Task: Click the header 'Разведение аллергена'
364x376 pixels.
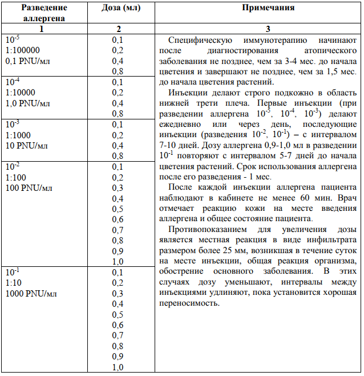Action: click(x=41, y=13)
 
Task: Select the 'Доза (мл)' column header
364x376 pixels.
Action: click(x=118, y=8)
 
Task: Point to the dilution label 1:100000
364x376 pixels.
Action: click(x=23, y=50)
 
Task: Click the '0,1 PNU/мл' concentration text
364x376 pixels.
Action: click(x=27, y=61)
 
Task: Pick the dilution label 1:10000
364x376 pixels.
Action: click(x=21, y=93)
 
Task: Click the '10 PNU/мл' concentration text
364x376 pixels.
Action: click(x=26, y=146)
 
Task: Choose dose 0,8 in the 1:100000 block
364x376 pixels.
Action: click(x=118, y=71)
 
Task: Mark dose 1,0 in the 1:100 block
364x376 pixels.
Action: click(x=118, y=262)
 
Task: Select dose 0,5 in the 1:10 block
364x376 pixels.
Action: click(x=118, y=315)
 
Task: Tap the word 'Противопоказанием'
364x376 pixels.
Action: click(x=207, y=230)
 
